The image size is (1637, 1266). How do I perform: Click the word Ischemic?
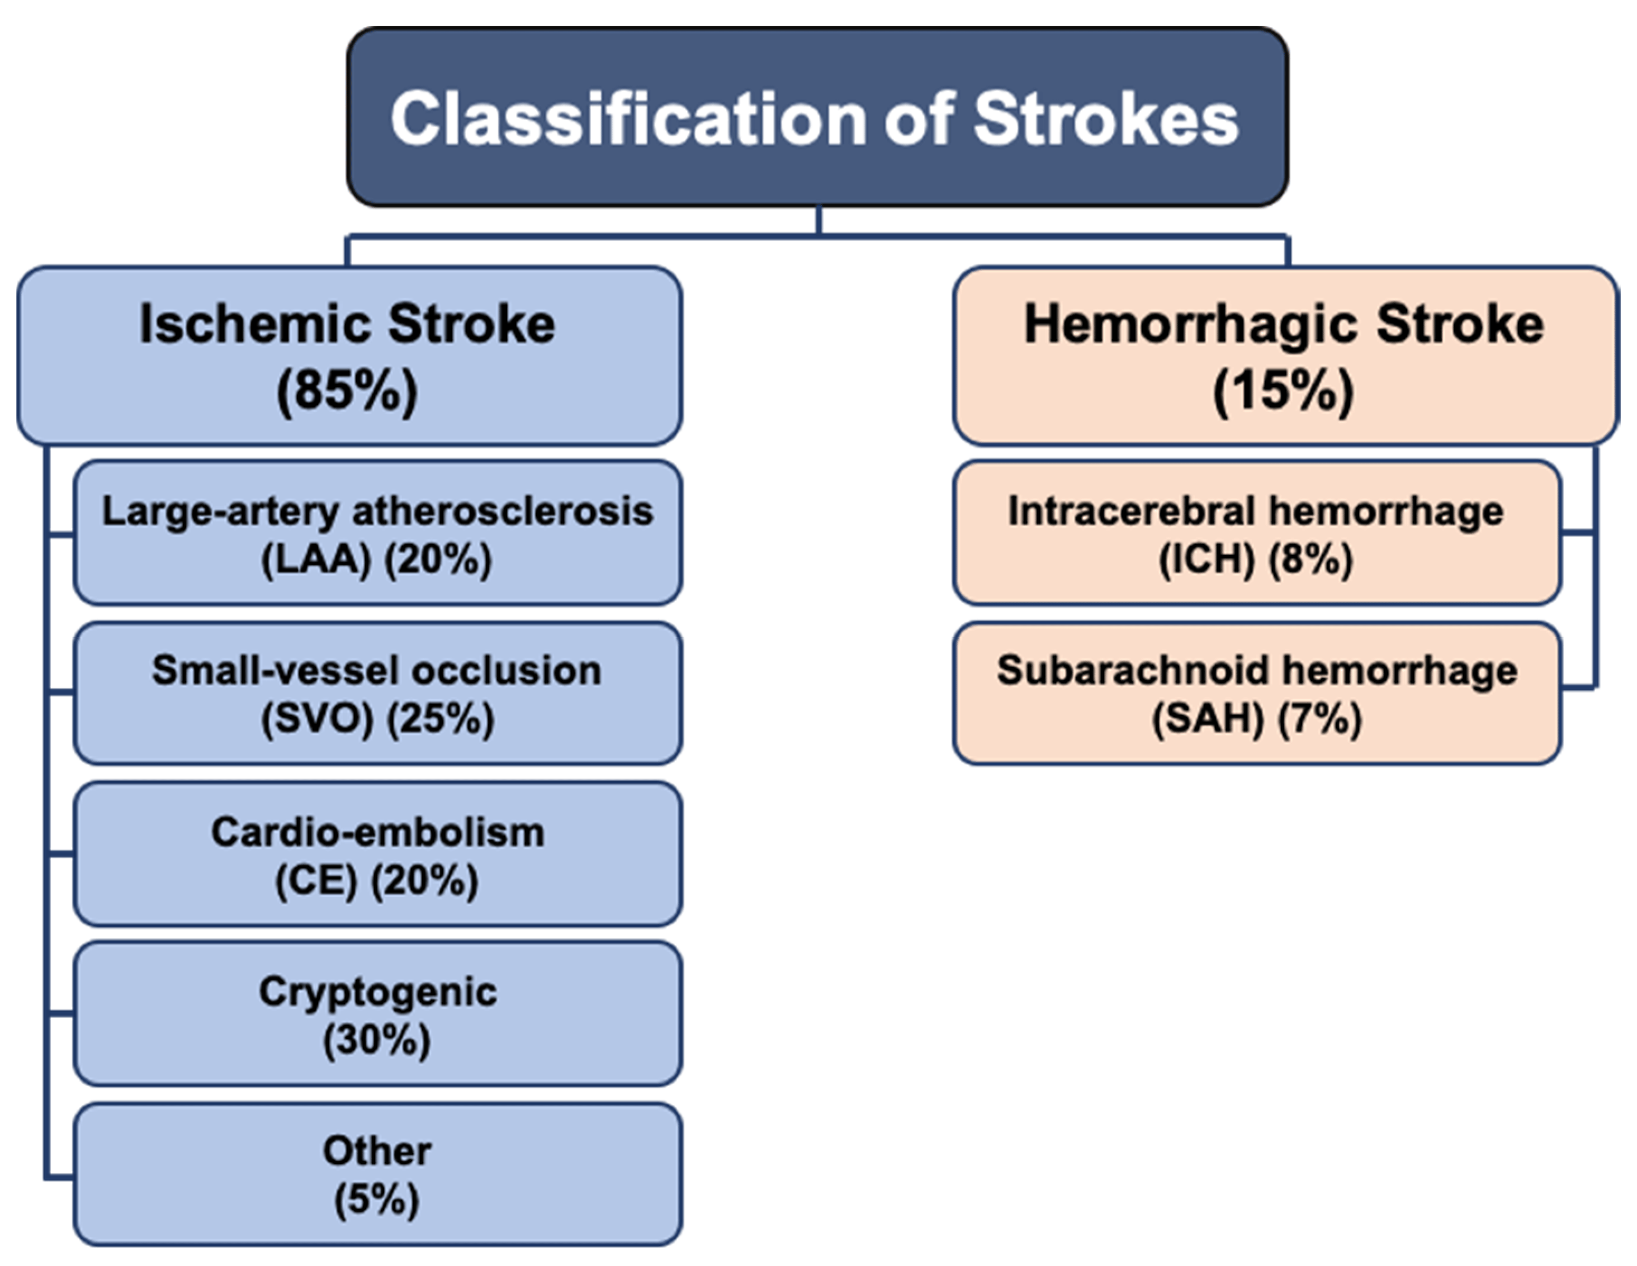pyautogui.click(x=256, y=325)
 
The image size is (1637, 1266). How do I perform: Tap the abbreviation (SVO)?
pyautogui.click(x=317, y=719)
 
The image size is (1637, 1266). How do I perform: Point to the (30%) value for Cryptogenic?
pyautogui.click(x=377, y=1040)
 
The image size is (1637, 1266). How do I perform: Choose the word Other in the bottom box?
pyautogui.click(x=377, y=1150)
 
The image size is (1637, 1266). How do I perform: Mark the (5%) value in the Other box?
pyautogui.click(x=376, y=1199)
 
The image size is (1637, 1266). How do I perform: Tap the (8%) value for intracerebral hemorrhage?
pyautogui.click(x=1311, y=559)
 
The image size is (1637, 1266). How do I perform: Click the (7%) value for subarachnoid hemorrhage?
pyautogui.click(x=1320, y=719)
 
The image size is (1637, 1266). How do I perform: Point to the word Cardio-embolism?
pyautogui.click(x=378, y=832)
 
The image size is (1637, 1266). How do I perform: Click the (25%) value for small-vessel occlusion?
pyautogui.click(x=441, y=719)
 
